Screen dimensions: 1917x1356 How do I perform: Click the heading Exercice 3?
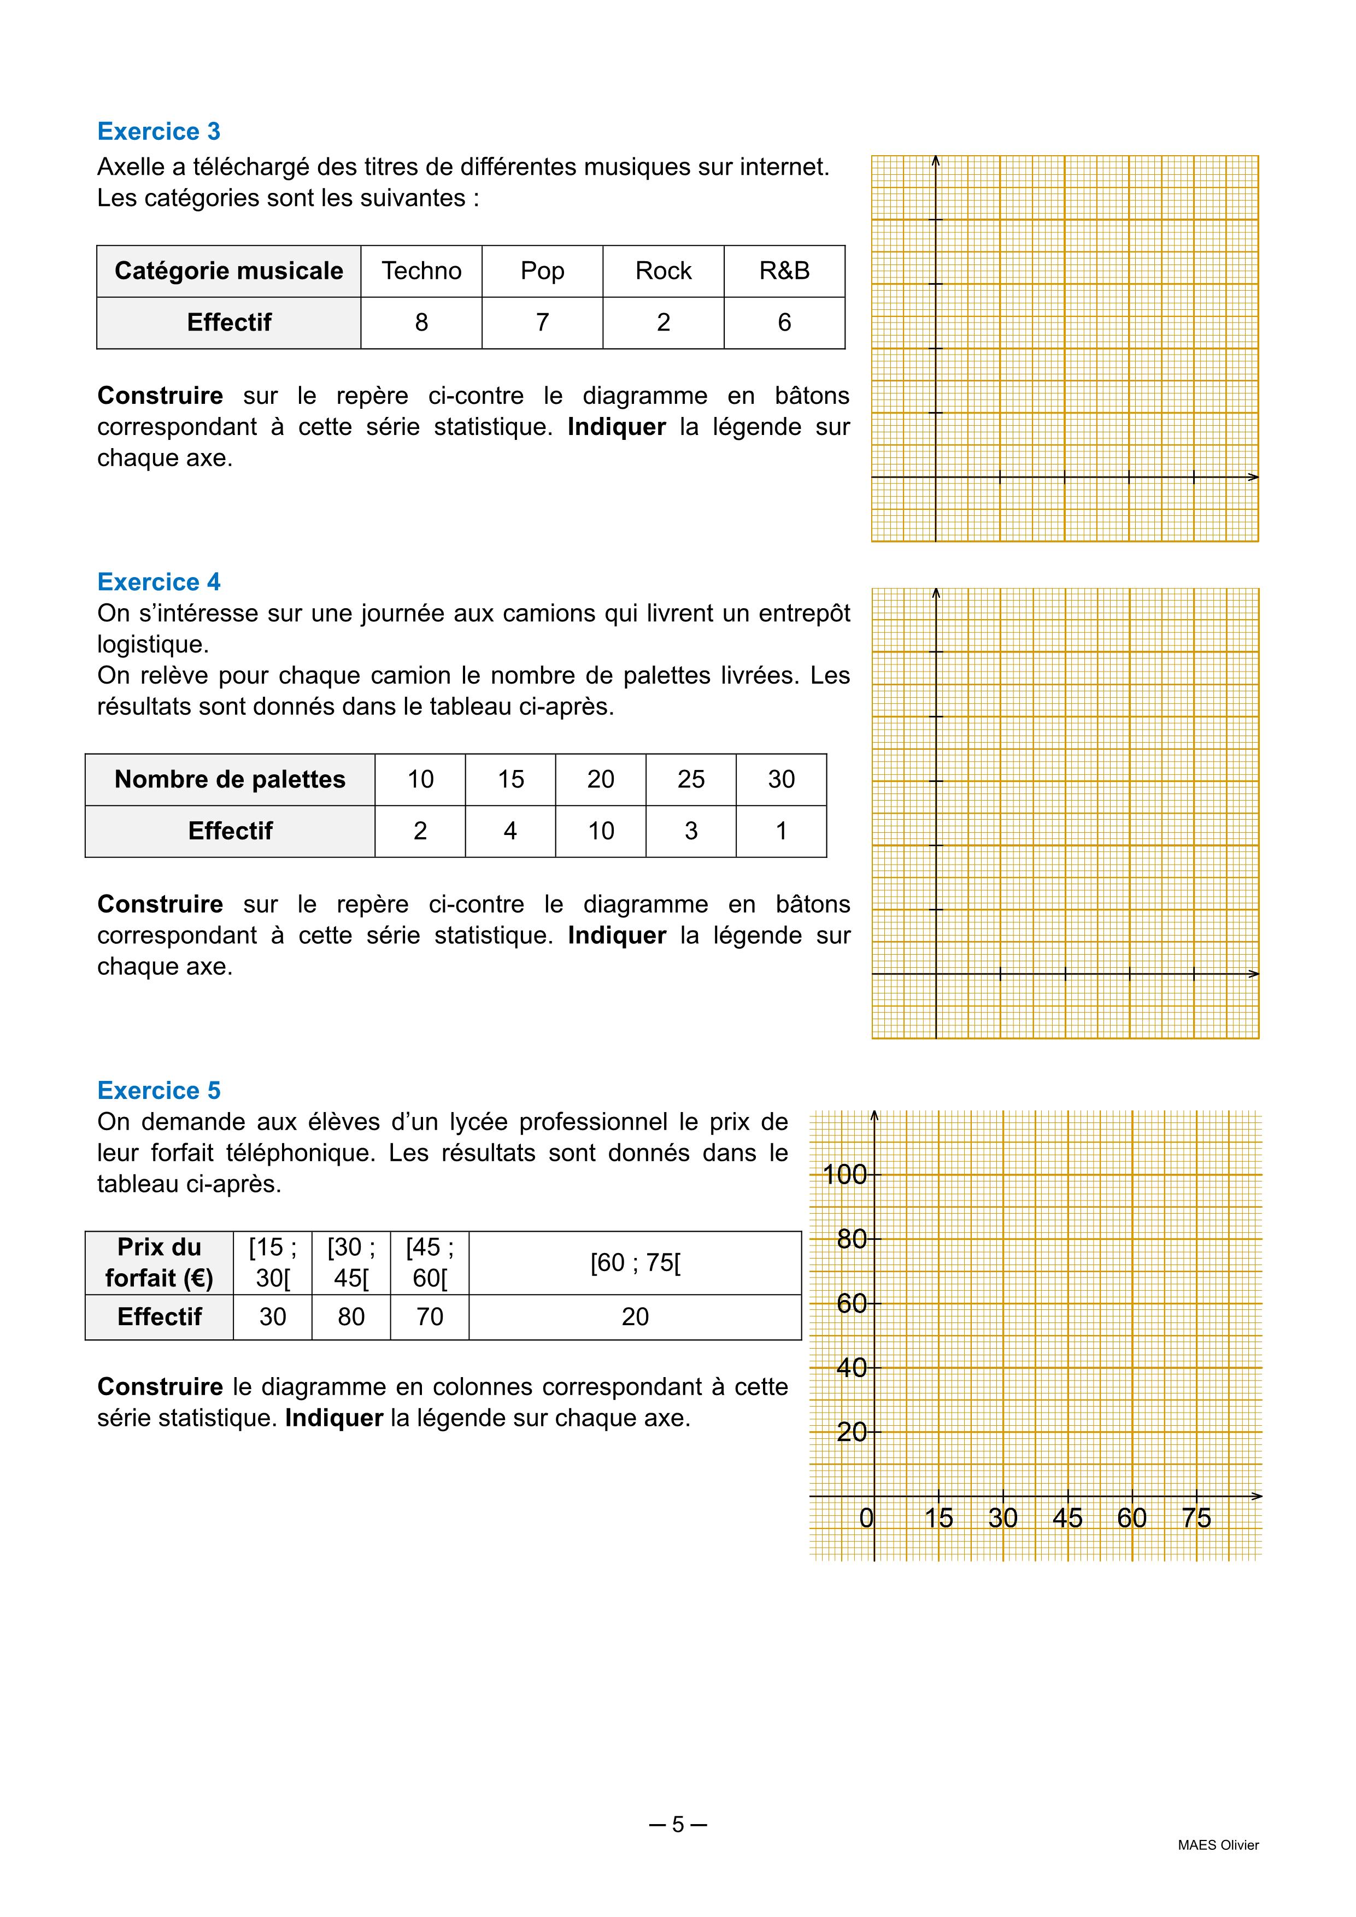[159, 131]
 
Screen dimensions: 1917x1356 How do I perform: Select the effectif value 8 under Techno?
[421, 322]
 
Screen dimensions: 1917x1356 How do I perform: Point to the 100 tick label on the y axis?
[844, 1175]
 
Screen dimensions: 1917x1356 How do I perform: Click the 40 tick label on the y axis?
[851, 1368]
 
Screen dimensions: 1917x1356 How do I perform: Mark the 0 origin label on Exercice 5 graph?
[867, 1518]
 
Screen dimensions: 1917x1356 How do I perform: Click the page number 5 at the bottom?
[678, 1824]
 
